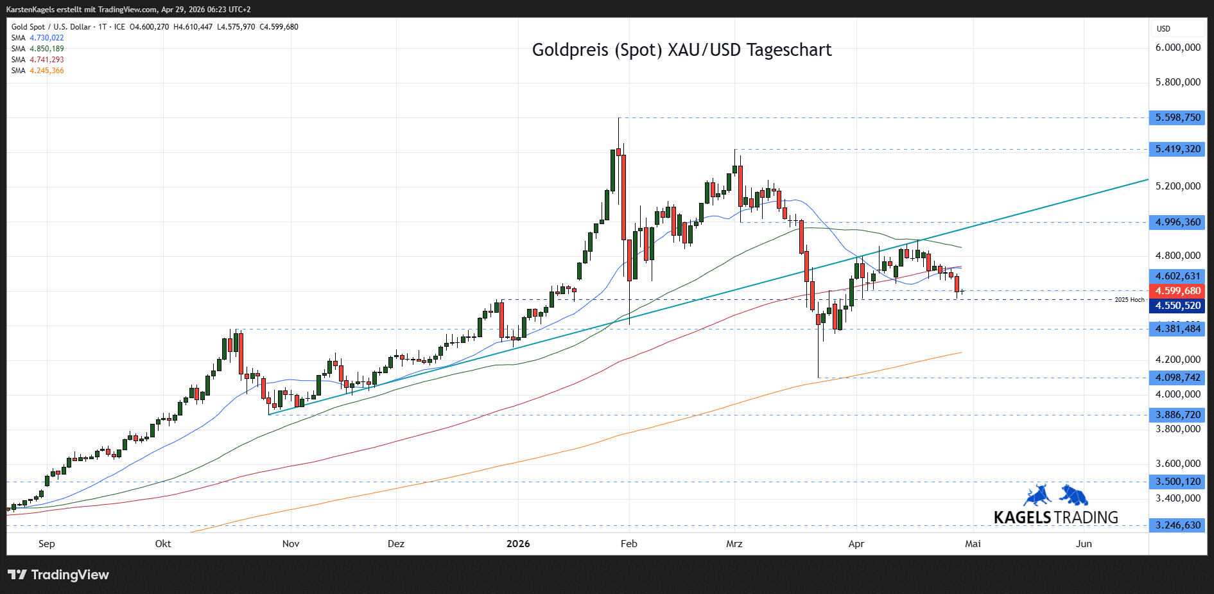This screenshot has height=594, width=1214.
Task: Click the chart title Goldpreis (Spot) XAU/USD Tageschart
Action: click(x=681, y=50)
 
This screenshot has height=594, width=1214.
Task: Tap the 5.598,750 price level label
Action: click(x=1177, y=118)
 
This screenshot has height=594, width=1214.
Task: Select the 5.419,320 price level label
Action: click(x=1177, y=149)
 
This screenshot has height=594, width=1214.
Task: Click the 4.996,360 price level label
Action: click(x=1177, y=222)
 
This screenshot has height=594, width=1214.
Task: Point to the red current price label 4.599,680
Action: click(x=1177, y=291)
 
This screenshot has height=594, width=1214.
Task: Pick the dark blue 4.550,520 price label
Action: click(x=1177, y=306)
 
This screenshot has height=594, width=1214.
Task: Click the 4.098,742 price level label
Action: click(x=1177, y=378)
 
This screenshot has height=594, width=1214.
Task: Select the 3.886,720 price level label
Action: click(x=1177, y=415)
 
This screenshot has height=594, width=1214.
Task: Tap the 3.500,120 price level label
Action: click(x=1177, y=482)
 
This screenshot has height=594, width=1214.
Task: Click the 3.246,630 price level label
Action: click(x=1177, y=525)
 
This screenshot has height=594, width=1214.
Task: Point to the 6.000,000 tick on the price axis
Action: click(x=1177, y=48)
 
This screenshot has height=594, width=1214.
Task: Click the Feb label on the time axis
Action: click(x=629, y=544)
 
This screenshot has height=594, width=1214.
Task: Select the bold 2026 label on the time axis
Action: click(x=518, y=544)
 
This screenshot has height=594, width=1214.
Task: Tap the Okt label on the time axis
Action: click(x=163, y=544)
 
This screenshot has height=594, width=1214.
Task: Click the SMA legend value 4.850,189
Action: click(x=47, y=49)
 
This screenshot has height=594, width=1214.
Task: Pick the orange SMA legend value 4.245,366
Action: click(x=47, y=71)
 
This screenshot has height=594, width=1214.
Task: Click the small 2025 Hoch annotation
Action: click(x=1129, y=300)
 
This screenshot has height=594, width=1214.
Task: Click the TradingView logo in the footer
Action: click(x=58, y=575)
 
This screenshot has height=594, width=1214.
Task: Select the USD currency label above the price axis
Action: click(x=1163, y=29)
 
